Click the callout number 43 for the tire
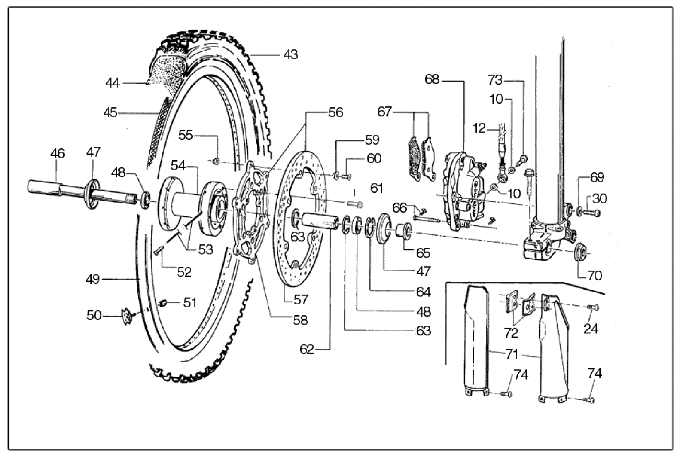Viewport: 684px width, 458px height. [x=291, y=55]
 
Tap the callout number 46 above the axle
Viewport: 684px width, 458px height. [x=58, y=154]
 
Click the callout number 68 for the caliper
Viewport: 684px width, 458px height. [x=432, y=79]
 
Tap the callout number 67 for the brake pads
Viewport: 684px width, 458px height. [x=384, y=112]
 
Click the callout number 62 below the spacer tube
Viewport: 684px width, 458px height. [x=307, y=349]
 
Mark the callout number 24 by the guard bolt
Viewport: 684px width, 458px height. [x=591, y=329]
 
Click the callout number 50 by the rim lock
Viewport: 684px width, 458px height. [x=94, y=315]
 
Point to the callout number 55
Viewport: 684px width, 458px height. [x=185, y=135]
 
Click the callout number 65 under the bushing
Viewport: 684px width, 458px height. [x=423, y=253]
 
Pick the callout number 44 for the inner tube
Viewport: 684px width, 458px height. [x=112, y=83]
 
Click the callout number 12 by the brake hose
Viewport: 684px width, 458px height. [x=479, y=128]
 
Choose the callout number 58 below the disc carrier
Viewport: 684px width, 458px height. [x=300, y=320]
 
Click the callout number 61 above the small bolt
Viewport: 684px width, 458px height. [x=376, y=189]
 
